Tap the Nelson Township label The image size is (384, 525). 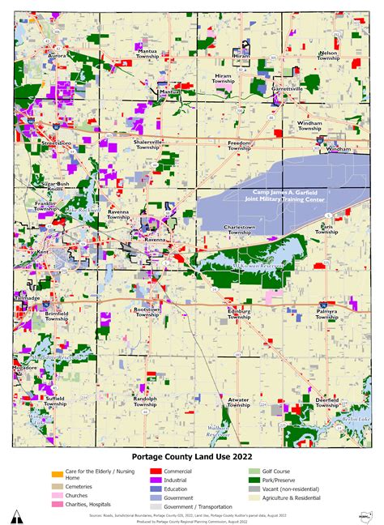(328, 55)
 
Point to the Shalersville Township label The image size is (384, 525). (147, 144)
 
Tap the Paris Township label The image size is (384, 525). (327, 229)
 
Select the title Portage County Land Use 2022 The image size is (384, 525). (191, 456)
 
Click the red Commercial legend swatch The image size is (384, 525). (154, 471)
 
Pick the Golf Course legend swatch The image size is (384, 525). (254, 471)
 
